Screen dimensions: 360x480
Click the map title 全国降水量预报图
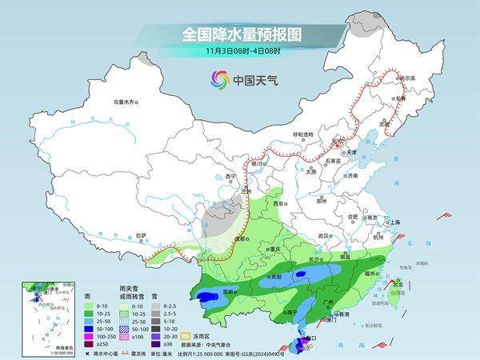point(240,34)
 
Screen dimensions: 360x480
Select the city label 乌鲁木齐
point(126,102)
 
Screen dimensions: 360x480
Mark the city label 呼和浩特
point(303,134)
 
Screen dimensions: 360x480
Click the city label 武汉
point(324,236)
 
